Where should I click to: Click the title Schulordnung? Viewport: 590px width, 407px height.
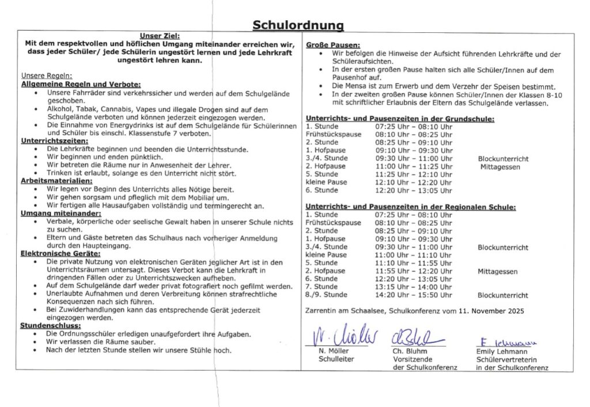(298, 25)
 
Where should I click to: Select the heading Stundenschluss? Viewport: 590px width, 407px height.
(49, 325)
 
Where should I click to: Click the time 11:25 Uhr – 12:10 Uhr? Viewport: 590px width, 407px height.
(413, 174)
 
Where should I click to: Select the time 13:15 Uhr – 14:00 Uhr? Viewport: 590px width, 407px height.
(413, 287)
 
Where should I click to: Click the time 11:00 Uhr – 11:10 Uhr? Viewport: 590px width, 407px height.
(413, 254)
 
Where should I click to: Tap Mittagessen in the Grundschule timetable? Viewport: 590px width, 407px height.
(500, 167)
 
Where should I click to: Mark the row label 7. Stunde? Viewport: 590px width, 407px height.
(322, 287)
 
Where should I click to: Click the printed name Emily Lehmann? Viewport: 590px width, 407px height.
(502, 351)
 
